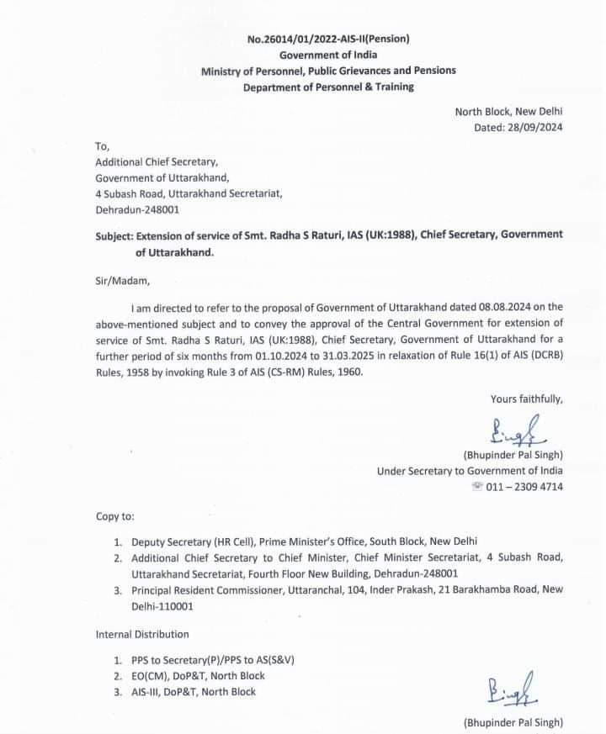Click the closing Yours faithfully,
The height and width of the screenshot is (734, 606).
(526, 399)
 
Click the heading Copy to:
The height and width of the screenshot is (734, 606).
(114, 515)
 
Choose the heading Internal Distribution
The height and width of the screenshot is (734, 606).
(142, 634)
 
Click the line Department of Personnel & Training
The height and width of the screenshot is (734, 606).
(328, 87)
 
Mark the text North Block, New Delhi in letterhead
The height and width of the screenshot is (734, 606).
(508, 112)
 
